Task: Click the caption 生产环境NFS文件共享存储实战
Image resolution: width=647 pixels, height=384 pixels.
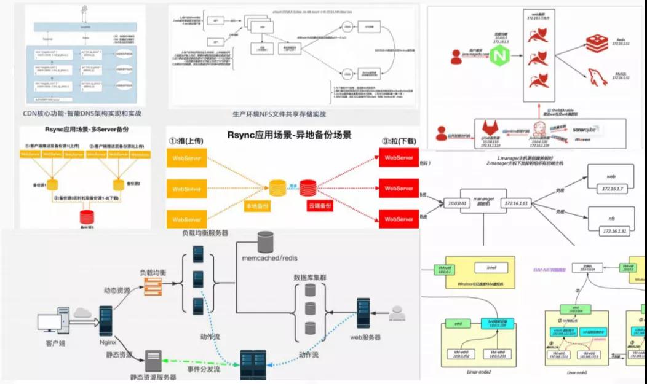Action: point(279,114)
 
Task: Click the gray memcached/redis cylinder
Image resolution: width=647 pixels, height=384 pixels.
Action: point(265,241)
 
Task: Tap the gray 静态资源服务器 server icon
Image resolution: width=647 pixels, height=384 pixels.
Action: point(153,359)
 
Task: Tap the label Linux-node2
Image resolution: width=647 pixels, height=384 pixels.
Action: point(469,372)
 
